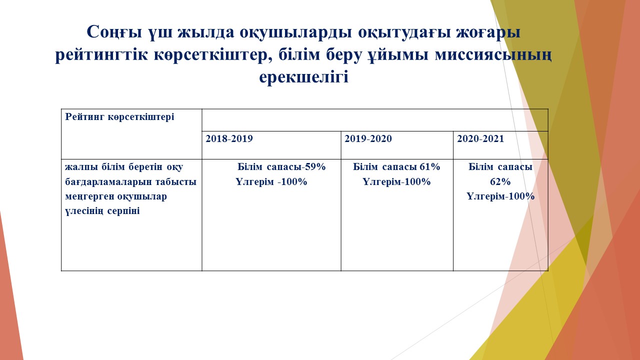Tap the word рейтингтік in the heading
(101, 55)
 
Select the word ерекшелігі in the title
(303, 77)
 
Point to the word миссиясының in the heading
(493, 55)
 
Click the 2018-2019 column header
(229, 138)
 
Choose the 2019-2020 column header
(368, 138)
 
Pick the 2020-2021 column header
(480, 138)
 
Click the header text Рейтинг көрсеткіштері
(119, 117)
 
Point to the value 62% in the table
(500, 181)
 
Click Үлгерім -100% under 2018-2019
(271, 181)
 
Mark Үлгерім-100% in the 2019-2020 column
(396, 181)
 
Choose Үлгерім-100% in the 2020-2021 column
(500, 196)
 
